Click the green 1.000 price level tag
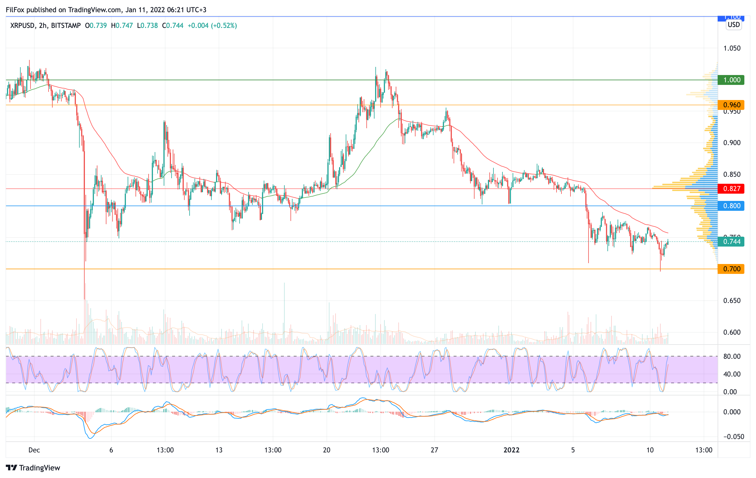[x=732, y=80]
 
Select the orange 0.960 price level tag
[x=732, y=105]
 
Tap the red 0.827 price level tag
[x=732, y=189]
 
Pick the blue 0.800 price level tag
[x=732, y=206]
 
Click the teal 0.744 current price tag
[x=732, y=242]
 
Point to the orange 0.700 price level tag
[x=732, y=269]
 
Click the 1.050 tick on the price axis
[x=732, y=48]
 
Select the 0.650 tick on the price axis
[x=732, y=301]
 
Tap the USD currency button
[x=734, y=25]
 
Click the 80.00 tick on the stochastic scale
[x=732, y=356]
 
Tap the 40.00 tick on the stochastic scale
[x=732, y=374]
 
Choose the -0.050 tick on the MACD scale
[x=733, y=437]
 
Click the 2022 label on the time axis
[x=511, y=450]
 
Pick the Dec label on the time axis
[x=34, y=450]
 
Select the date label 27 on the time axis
[x=434, y=450]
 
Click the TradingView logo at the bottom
[x=33, y=468]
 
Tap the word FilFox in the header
[x=15, y=10]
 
